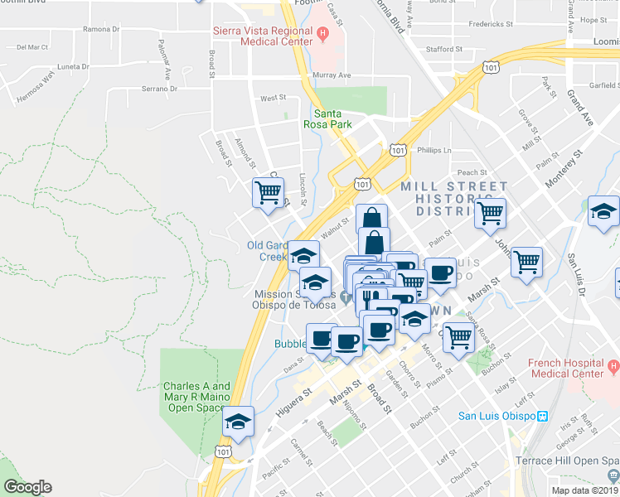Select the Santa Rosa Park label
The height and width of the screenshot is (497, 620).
(x=332, y=119)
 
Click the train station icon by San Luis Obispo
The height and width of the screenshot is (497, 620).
(x=543, y=416)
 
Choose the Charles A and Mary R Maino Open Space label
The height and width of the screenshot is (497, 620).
(x=197, y=397)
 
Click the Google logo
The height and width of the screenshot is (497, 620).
(x=27, y=487)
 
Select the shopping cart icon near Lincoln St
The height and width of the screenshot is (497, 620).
(x=268, y=193)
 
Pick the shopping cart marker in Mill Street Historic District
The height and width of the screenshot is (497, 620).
(x=490, y=213)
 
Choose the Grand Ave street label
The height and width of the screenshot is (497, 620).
(x=580, y=109)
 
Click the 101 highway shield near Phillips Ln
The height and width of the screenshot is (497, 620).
(x=398, y=150)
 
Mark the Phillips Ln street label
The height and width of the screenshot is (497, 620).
(x=434, y=150)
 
